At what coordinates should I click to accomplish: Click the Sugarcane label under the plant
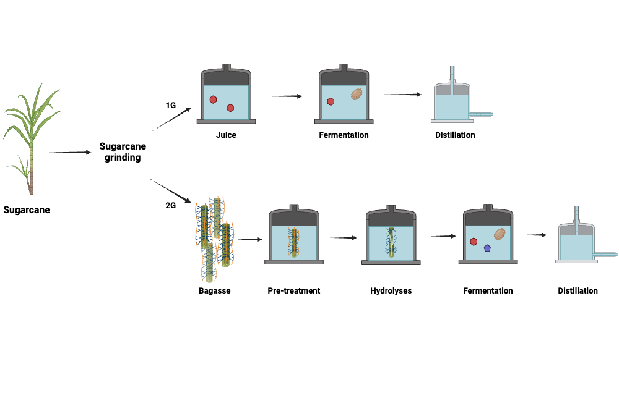click(27, 209)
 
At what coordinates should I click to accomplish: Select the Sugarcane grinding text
click(123, 152)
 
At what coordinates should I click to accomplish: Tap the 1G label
click(170, 106)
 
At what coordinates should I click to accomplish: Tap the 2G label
click(171, 205)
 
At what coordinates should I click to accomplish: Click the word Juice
click(226, 135)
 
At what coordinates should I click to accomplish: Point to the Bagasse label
click(215, 290)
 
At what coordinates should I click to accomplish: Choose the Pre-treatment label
click(294, 290)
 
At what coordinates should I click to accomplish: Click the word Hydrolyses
click(391, 290)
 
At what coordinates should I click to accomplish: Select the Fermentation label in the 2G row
click(488, 290)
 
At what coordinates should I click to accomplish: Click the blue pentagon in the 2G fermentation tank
click(488, 248)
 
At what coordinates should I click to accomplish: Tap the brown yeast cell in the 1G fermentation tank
click(357, 94)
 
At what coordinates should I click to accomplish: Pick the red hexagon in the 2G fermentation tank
click(474, 242)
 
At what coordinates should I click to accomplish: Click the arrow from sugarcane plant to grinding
click(69, 152)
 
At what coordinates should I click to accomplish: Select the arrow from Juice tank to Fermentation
click(281, 96)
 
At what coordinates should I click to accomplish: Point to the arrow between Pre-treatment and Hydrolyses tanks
click(344, 238)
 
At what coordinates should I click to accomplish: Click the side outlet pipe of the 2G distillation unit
click(607, 253)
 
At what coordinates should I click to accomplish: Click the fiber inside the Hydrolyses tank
click(391, 243)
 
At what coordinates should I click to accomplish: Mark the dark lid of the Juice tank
click(226, 77)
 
